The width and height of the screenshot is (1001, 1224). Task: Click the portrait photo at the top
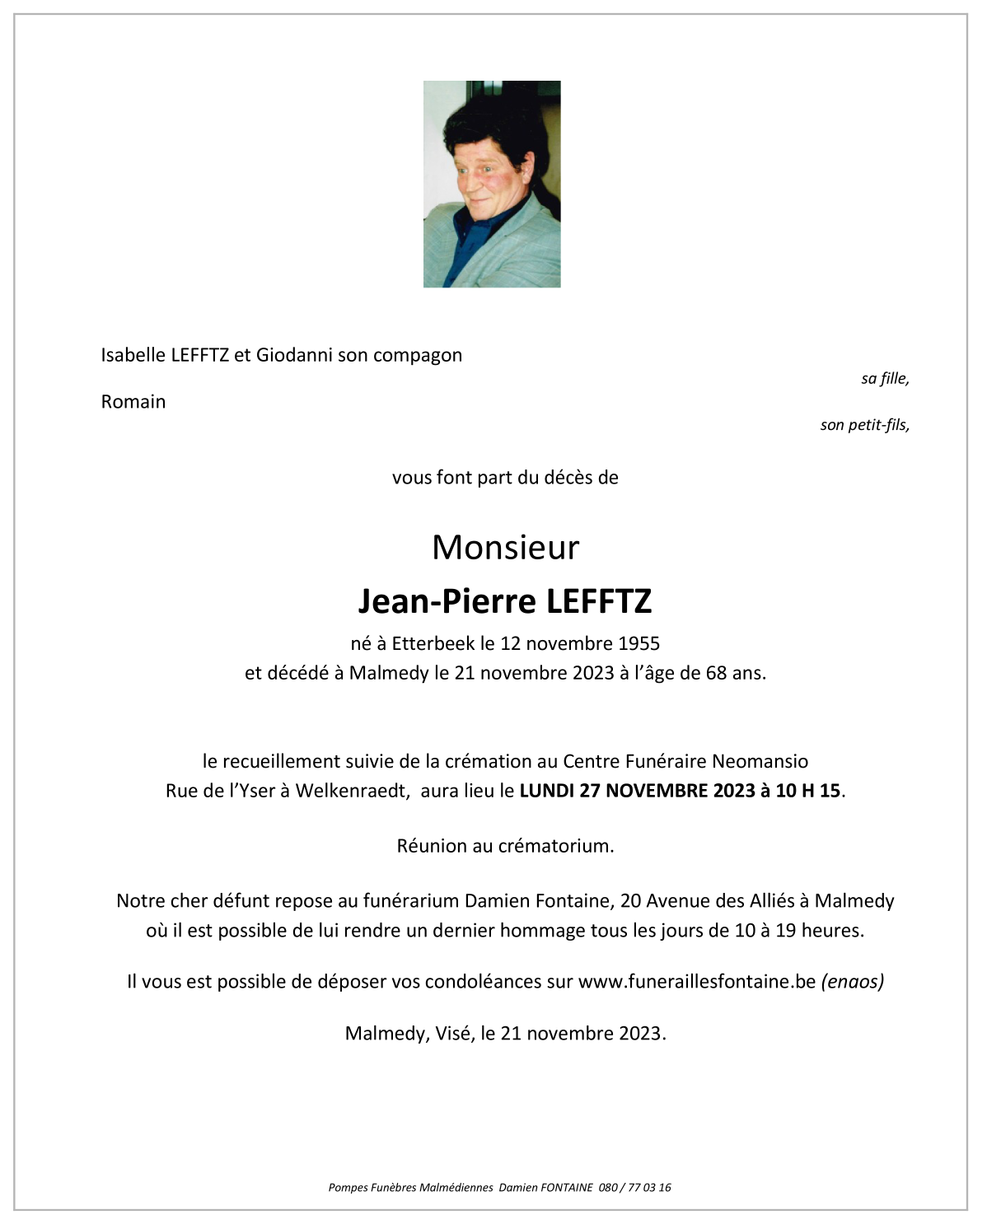[x=492, y=184]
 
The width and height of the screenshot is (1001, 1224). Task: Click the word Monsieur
[x=505, y=548]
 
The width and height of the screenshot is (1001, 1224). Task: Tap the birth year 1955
[x=639, y=643]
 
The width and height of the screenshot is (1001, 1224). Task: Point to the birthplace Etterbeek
[x=433, y=643]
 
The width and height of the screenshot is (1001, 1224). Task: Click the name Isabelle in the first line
[x=133, y=355]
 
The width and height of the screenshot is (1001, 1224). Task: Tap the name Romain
[x=133, y=402]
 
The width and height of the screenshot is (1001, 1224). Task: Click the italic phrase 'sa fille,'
[x=885, y=379]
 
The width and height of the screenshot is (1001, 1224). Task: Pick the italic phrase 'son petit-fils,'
[x=864, y=425]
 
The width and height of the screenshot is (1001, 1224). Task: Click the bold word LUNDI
[x=547, y=791]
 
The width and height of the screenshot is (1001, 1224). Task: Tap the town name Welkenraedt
[x=351, y=791]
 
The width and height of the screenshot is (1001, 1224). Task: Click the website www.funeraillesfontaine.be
[x=696, y=982]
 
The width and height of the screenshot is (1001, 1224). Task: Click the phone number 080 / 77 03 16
[x=634, y=1188]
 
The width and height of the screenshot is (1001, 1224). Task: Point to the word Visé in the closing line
[x=453, y=1034]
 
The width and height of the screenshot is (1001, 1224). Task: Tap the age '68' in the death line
[x=716, y=673]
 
